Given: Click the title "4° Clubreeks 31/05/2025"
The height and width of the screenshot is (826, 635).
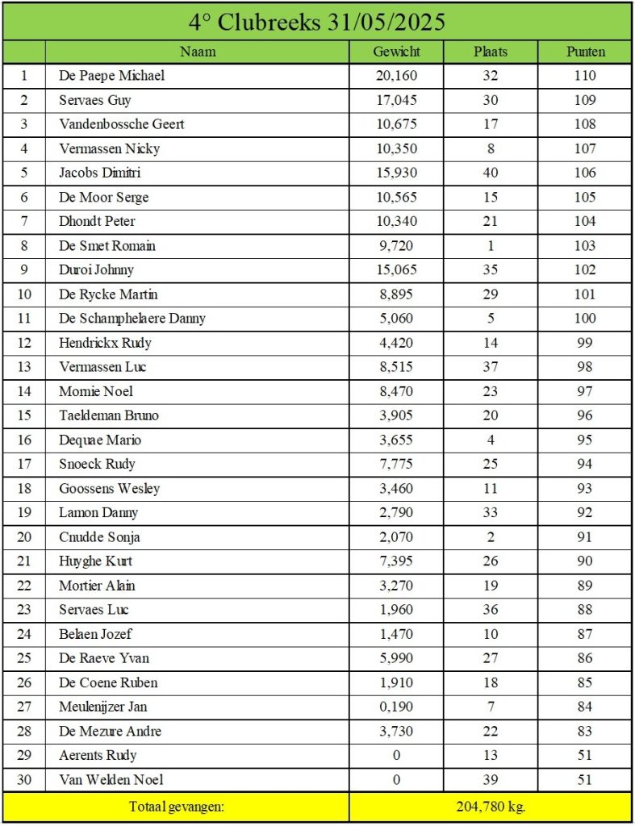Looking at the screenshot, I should [317, 22].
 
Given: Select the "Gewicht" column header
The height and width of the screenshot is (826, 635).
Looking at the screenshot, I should [396, 52].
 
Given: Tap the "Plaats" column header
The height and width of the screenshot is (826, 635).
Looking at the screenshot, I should [491, 52].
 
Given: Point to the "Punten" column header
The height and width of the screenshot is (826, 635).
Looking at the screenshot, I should [586, 52].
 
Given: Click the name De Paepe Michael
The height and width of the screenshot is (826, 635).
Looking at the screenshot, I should [111, 76].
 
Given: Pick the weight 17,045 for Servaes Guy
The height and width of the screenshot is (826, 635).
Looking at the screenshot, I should [396, 100].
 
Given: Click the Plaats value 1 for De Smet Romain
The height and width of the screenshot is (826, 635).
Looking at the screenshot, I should [491, 245].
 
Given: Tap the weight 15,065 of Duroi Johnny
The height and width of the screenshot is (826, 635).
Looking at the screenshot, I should [396, 269].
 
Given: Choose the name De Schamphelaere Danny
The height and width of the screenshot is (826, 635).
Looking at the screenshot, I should [132, 318].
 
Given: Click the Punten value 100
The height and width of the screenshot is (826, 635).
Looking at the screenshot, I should [586, 318].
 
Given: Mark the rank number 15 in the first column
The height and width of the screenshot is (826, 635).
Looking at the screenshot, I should [24, 415].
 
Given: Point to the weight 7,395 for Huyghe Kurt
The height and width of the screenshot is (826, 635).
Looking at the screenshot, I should [396, 561].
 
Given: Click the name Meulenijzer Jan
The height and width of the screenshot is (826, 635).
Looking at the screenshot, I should [103, 707].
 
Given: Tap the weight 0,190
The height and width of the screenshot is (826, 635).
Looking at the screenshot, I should [396, 707].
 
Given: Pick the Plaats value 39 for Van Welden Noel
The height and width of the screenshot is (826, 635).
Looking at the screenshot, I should [491, 779].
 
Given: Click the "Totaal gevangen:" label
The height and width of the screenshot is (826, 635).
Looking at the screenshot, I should [176, 806].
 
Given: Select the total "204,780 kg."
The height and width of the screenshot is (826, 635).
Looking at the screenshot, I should [491, 806].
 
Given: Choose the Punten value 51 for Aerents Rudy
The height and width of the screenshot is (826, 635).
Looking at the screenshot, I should [586, 755].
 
